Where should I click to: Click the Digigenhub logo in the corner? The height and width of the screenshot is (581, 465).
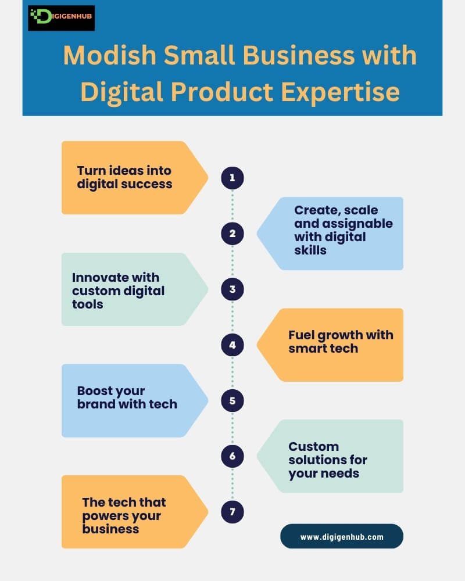click(x=61, y=18)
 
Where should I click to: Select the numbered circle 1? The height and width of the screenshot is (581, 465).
click(x=233, y=178)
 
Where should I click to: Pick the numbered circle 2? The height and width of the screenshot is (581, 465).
click(x=233, y=234)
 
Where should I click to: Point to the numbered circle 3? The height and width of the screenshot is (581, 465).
click(x=233, y=289)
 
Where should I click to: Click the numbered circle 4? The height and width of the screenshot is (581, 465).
click(x=233, y=345)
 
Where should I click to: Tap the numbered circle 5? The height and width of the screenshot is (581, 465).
click(x=233, y=401)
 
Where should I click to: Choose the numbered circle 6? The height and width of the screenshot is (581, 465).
click(x=233, y=456)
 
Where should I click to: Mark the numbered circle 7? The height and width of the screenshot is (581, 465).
click(x=233, y=512)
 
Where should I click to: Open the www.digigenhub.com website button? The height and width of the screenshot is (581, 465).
click(x=342, y=537)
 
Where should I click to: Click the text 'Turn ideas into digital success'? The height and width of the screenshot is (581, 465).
click(x=124, y=177)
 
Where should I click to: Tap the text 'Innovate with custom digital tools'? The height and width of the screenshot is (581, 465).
click(x=118, y=290)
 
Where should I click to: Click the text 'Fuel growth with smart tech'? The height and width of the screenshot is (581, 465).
click(x=341, y=342)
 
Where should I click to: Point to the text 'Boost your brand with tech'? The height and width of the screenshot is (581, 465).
click(x=127, y=397)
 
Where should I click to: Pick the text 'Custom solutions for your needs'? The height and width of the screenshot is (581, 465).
click(x=328, y=460)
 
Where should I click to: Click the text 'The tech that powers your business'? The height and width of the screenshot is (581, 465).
click(x=124, y=515)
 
